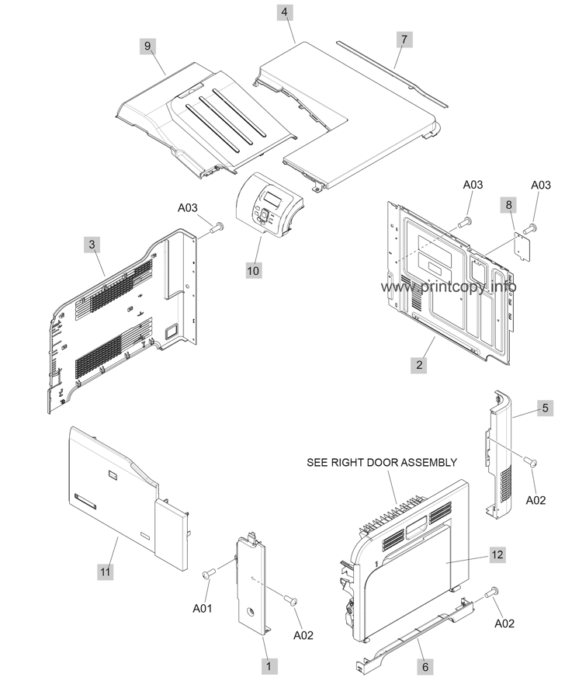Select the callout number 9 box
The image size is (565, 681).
147,46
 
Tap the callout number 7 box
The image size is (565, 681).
403,39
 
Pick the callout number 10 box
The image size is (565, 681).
253,270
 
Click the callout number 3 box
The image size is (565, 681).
92,245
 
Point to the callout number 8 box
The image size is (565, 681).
508,206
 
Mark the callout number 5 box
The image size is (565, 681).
545,408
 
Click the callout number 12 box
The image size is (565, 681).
497,554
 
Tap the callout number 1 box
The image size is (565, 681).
269,665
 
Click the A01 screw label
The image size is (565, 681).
202,609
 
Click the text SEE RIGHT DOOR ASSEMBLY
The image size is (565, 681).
382,463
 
